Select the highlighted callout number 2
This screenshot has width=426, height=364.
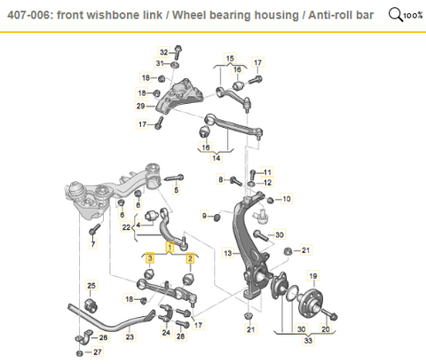coord(190,258)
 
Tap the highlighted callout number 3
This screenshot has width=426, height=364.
coord(151,258)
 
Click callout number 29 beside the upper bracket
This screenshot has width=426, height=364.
coord(140,107)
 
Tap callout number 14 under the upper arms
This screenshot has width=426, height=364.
coord(216,156)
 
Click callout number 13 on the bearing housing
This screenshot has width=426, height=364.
coord(228,254)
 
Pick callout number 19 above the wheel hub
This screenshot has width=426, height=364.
coord(312,277)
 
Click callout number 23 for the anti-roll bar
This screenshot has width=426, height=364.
coord(130,337)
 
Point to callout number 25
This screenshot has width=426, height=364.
coord(90,284)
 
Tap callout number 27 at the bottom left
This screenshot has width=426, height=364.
coord(98,352)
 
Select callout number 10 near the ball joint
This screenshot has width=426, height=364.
coord(287,201)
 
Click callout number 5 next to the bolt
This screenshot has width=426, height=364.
coord(177,190)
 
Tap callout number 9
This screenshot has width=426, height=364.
coord(203,215)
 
